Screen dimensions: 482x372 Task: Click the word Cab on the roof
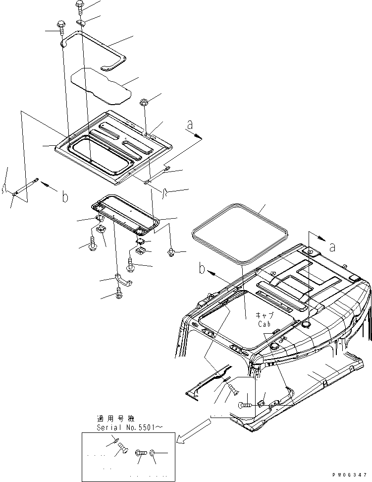pos(265,324)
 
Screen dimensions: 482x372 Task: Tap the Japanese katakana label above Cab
pos(265,315)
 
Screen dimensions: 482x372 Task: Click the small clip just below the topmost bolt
pos(82,22)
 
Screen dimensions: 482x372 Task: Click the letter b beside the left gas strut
pos(64,197)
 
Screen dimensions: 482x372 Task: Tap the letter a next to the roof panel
pos(189,126)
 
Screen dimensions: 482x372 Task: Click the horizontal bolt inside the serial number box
pos(140,452)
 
